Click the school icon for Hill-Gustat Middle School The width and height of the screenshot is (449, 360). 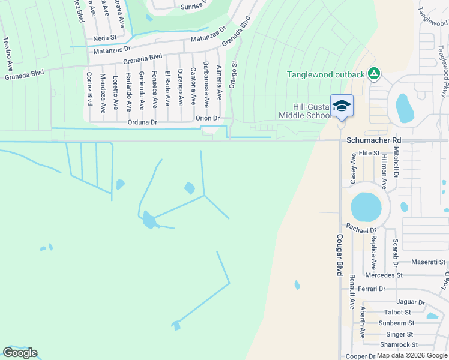point(342,106)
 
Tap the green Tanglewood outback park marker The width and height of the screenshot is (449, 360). point(374,74)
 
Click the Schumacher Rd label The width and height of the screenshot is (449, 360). point(373,140)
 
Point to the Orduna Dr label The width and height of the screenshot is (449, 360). point(143,122)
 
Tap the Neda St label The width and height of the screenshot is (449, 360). point(104,38)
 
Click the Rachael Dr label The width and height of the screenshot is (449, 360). point(361,229)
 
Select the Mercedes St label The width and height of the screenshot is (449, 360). point(383,275)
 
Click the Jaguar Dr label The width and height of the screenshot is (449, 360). point(410,302)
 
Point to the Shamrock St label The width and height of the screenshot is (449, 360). point(399,344)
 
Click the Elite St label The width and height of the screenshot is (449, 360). point(370,154)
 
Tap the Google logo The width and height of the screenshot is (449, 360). point(20,352)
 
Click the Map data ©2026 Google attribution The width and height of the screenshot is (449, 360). point(412,355)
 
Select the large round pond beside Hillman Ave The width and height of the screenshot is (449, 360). point(366,207)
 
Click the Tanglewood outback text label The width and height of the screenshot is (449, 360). point(326,74)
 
